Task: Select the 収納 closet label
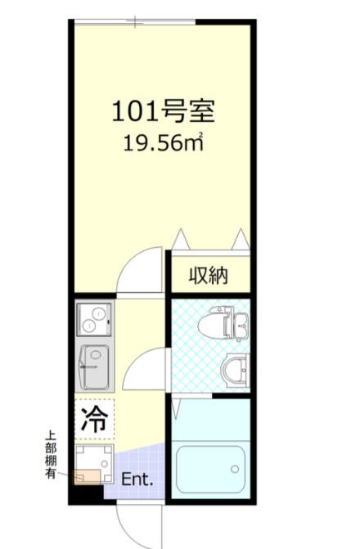click(209, 275)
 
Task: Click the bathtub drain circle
click(235, 470)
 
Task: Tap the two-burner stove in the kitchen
click(95, 317)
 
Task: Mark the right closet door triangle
click(241, 239)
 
